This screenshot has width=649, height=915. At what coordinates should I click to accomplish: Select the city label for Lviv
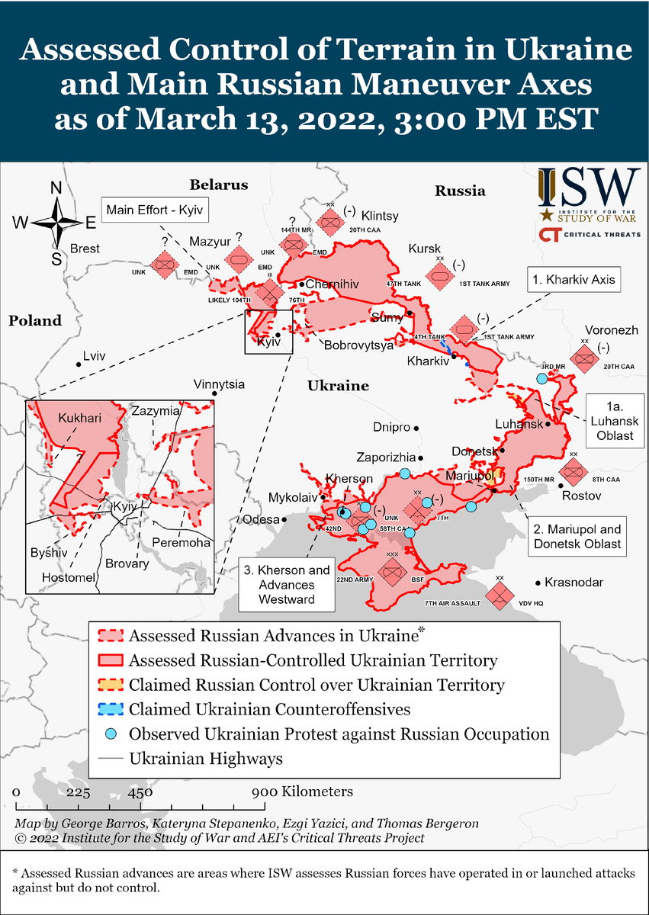coord(94,356)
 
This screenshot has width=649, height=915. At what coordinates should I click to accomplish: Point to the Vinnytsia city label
coord(219,384)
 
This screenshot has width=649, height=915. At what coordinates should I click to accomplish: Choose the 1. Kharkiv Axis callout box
coord(572,280)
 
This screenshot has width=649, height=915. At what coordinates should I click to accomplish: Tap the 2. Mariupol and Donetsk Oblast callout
coord(577,537)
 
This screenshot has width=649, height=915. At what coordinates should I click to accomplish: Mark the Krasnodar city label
coord(573,583)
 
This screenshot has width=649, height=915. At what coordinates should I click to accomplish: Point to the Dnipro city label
coord(392,427)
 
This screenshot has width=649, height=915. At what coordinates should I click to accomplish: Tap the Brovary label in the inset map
coord(127,563)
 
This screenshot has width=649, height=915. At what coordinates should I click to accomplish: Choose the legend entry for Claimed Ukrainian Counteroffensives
coord(270,709)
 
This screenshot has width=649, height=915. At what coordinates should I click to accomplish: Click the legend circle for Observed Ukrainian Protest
coord(111,734)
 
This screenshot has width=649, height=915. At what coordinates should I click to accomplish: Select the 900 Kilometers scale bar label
coord(303,791)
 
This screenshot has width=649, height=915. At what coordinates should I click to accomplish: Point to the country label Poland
coord(35,321)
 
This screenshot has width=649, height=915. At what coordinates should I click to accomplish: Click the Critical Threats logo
coord(590,233)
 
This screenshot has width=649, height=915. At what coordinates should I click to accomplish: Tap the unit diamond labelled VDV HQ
coord(500,596)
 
